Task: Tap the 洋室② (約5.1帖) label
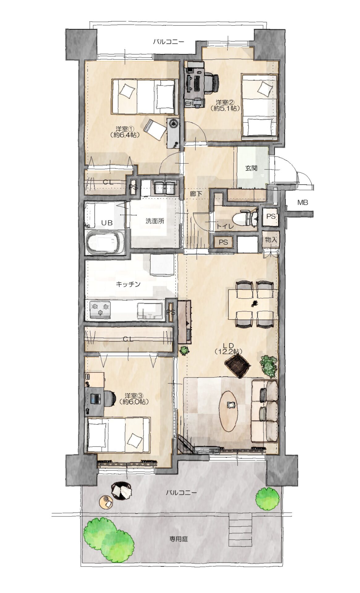coord(225,105)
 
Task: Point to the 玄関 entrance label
coord(251,169)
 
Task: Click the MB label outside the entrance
coord(303,203)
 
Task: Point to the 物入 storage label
coord(271,239)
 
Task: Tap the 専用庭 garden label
coord(179,539)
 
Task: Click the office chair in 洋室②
coord(212,83)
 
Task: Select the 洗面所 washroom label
coord(155,221)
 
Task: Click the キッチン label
coord(128,284)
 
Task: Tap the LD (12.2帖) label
coord(228,348)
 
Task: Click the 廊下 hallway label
coord(196,194)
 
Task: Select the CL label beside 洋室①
coord(108,182)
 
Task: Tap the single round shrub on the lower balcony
coord(268,499)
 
